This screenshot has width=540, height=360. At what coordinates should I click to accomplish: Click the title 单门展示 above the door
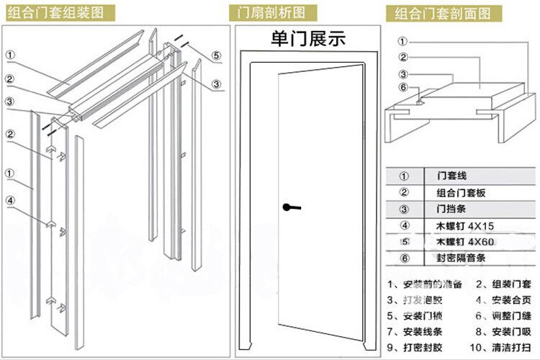click(x=308, y=39)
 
